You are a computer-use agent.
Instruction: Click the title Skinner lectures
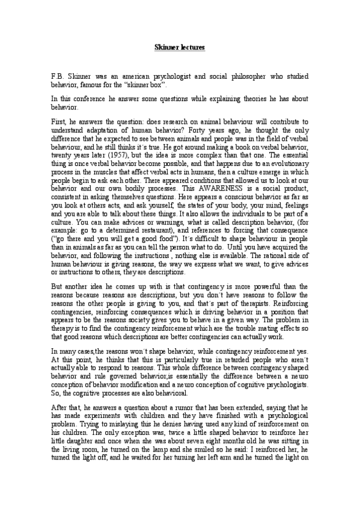[180, 46]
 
